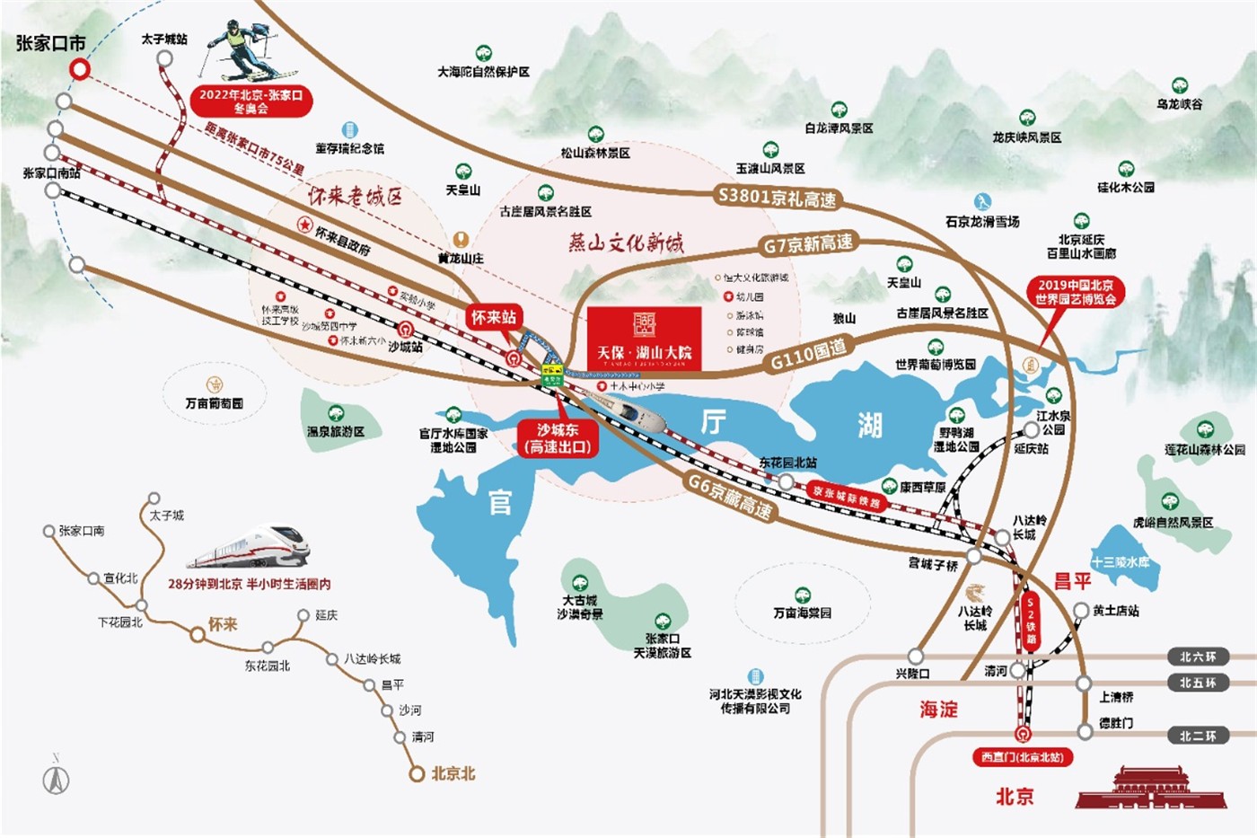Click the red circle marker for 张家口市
(x=81, y=69)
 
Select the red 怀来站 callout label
(x=494, y=317)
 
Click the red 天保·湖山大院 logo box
(x=644, y=339)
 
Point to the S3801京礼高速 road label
(x=778, y=197)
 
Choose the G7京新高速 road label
(x=808, y=244)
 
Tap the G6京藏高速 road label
(x=729, y=496)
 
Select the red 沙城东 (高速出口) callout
(x=558, y=438)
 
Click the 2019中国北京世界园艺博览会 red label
(x=1076, y=292)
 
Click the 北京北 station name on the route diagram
(x=453, y=773)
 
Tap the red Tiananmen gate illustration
(x=1150, y=788)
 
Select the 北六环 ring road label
(x=1198, y=657)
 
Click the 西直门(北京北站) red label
(x=1022, y=757)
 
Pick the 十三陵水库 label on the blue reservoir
(x=1121, y=562)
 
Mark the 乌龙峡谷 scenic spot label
(x=1180, y=104)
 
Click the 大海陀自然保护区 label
(x=483, y=72)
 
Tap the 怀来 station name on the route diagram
(x=223, y=624)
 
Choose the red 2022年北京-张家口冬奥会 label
(x=251, y=101)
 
